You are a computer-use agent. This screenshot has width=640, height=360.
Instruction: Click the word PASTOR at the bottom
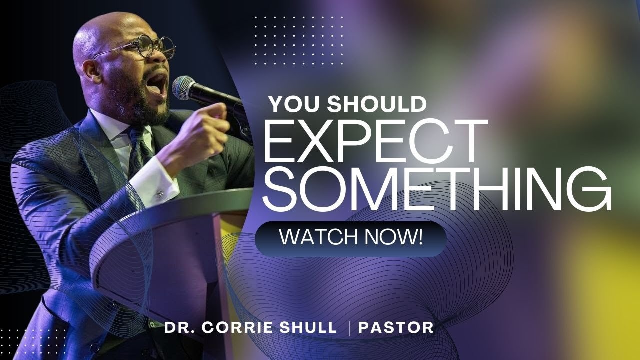(x=396, y=328)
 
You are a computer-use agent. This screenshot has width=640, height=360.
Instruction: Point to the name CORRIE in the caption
(x=244, y=328)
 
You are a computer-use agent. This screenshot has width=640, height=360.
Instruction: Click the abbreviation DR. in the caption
(x=181, y=328)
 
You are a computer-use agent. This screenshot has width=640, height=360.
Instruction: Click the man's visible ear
(x=91, y=71)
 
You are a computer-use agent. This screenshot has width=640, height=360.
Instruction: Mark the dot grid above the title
(x=299, y=40)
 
